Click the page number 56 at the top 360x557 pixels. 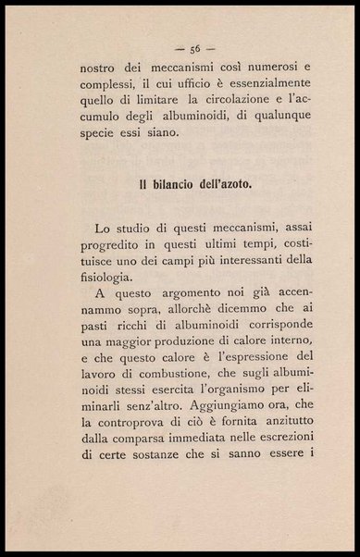point(195,48)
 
